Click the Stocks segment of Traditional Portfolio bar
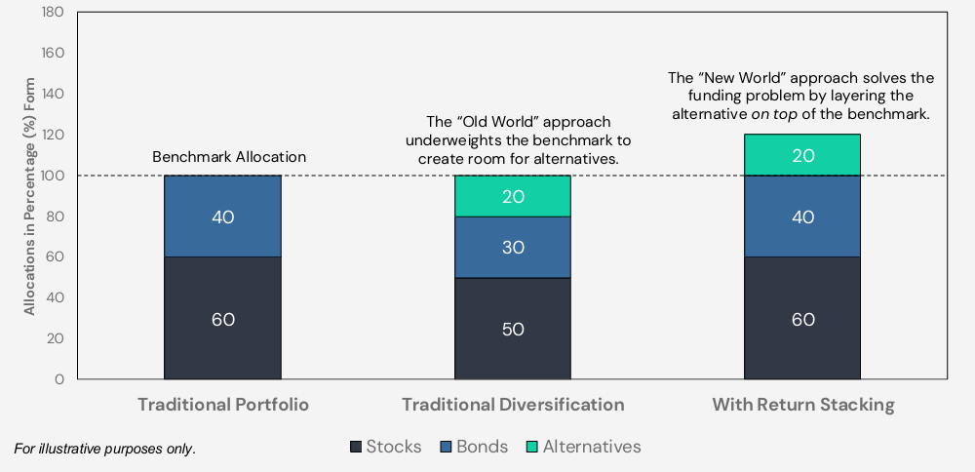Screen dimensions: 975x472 click(x=222, y=318)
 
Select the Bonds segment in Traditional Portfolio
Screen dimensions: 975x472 click(x=222, y=216)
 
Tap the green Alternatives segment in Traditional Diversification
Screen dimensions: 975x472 click(x=513, y=196)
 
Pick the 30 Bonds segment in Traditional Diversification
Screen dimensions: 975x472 click(x=513, y=247)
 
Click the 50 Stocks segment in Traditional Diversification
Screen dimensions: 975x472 click(x=513, y=329)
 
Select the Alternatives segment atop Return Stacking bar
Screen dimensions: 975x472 click(x=802, y=155)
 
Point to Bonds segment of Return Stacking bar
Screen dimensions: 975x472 click(x=802, y=216)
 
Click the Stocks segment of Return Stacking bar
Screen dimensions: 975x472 click(x=802, y=318)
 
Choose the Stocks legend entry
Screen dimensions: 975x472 click(x=386, y=447)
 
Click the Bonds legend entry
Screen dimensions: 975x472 click(x=475, y=447)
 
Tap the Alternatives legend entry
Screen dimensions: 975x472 click(x=584, y=447)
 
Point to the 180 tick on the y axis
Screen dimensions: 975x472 click(x=54, y=12)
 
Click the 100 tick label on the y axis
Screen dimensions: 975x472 click(x=54, y=176)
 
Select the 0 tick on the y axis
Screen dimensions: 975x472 click(x=59, y=378)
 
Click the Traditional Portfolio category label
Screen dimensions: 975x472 click(x=223, y=405)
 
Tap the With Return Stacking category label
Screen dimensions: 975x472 click(x=802, y=405)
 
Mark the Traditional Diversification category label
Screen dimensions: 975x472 click(x=513, y=405)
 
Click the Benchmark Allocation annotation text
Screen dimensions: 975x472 click(x=229, y=157)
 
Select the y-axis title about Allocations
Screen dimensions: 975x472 click(x=29, y=196)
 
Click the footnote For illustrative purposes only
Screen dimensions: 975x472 click(x=104, y=449)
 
